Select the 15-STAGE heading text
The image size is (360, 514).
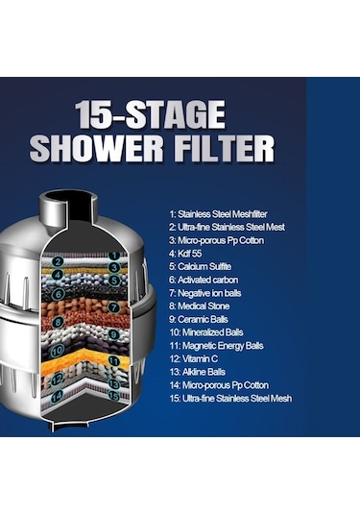point(151,114)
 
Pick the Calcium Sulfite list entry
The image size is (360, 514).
point(200,266)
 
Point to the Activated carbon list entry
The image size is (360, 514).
point(204,280)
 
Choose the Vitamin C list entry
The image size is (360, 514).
point(194,358)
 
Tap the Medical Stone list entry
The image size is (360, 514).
point(199,306)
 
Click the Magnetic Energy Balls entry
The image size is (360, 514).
point(217,346)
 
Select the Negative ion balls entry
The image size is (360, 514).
point(205,293)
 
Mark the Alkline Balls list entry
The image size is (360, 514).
point(198,372)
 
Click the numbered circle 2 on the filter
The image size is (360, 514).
point(58,261)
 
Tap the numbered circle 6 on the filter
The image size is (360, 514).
point(59,294)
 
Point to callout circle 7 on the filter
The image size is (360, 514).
point(113,307)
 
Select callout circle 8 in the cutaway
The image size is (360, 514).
point(59,322)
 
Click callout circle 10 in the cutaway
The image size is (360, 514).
point(58,351)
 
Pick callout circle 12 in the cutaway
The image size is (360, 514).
point(58,379)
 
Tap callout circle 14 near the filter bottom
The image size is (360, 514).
point(57,398)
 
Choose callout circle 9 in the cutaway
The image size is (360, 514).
point(113,334)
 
